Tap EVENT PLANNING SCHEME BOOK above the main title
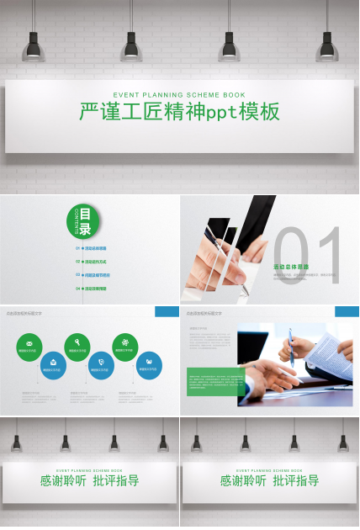pyautogui.click(x=179, y=94)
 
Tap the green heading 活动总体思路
pyautogui.click(x=291, y=267)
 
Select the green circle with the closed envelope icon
pyautogui.click(x=29, y=346)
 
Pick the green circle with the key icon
pyautogui.click(x=77, y=346)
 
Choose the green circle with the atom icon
pyautogui.click(x=125, y=346)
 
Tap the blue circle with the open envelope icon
pyautogui.click(x=53, y=364)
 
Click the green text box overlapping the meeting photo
pyautogui.click(x=216, y=381)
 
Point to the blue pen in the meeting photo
pyautogui.click(x=292, y=347)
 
